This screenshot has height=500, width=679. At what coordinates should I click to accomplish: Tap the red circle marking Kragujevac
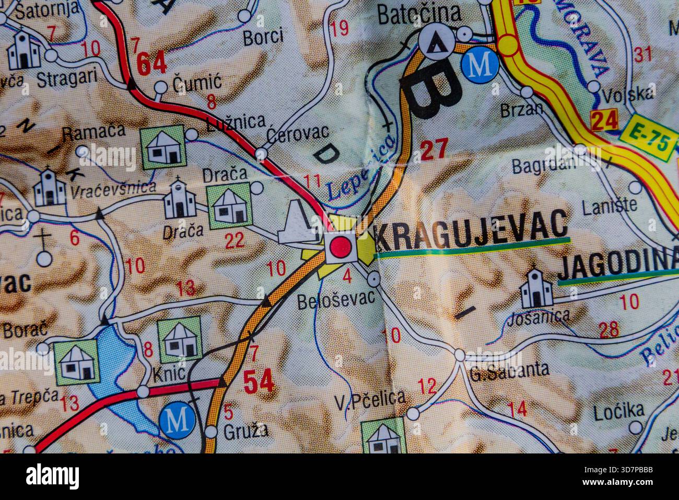(341, 246)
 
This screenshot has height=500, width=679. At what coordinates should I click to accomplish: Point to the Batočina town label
(419, 14)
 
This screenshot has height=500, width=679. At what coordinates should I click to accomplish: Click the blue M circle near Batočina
(480, 65)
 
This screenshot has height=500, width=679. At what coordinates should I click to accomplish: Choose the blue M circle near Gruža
(178, 419)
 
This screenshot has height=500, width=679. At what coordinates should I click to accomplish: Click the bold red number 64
(151, 63)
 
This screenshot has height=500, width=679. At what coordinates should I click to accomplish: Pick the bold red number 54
(259, 382)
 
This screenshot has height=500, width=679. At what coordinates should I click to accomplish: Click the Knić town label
(169, 373)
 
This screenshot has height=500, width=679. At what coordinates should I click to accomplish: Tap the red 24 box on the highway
(605, 120)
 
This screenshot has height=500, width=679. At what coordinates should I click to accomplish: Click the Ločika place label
(618, 412)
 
